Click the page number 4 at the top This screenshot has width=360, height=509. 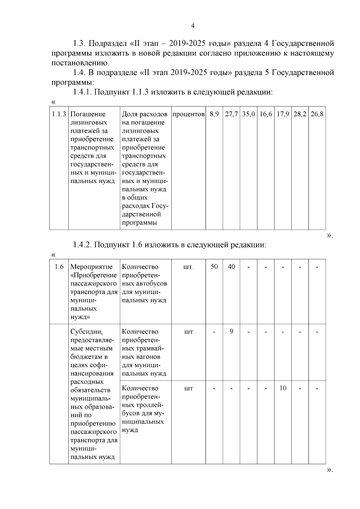tap(193, 26)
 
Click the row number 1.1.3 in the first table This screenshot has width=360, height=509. tap(59, 114)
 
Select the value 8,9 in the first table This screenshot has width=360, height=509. tap(214, 114)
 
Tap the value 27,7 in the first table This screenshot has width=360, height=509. tap(231, 114)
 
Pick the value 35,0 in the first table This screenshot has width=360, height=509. tap(248, 114)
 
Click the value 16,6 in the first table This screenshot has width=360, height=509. tap(265, 114)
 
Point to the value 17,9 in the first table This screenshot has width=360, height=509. tap(283, 114)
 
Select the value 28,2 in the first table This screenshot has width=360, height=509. tap(300, 114)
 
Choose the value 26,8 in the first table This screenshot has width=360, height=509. tap(317, 114)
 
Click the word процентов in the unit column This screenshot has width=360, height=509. tap(189, 114)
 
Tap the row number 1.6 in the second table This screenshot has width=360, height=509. tap(59, 267)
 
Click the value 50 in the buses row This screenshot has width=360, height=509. tap(214, 267)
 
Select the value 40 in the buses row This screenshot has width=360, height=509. tap(231, 267)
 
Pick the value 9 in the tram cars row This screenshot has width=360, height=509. tap(231, 331)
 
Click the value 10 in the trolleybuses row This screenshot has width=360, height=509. tap(283, 388)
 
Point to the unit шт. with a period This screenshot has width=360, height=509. tap(188, 267)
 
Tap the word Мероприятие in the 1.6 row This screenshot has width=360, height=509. tap(91, 267)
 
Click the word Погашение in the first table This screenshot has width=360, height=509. tap(88, 114)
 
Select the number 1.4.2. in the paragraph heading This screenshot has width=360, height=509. tap(82, 245)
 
